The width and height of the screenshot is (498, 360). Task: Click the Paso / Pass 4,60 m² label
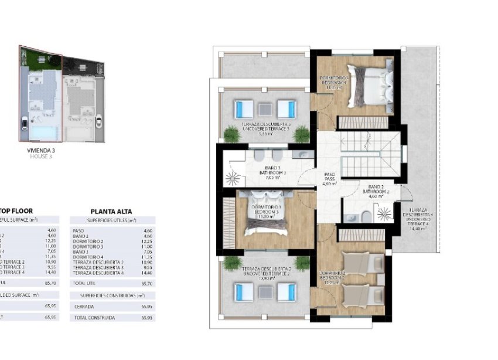[x=330, y=179]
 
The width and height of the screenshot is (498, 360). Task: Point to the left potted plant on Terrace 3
[x=232, y=134]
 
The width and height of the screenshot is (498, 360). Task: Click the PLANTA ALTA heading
[x=111, y=212]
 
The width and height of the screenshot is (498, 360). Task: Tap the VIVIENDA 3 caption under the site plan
[x=41, y=151]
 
